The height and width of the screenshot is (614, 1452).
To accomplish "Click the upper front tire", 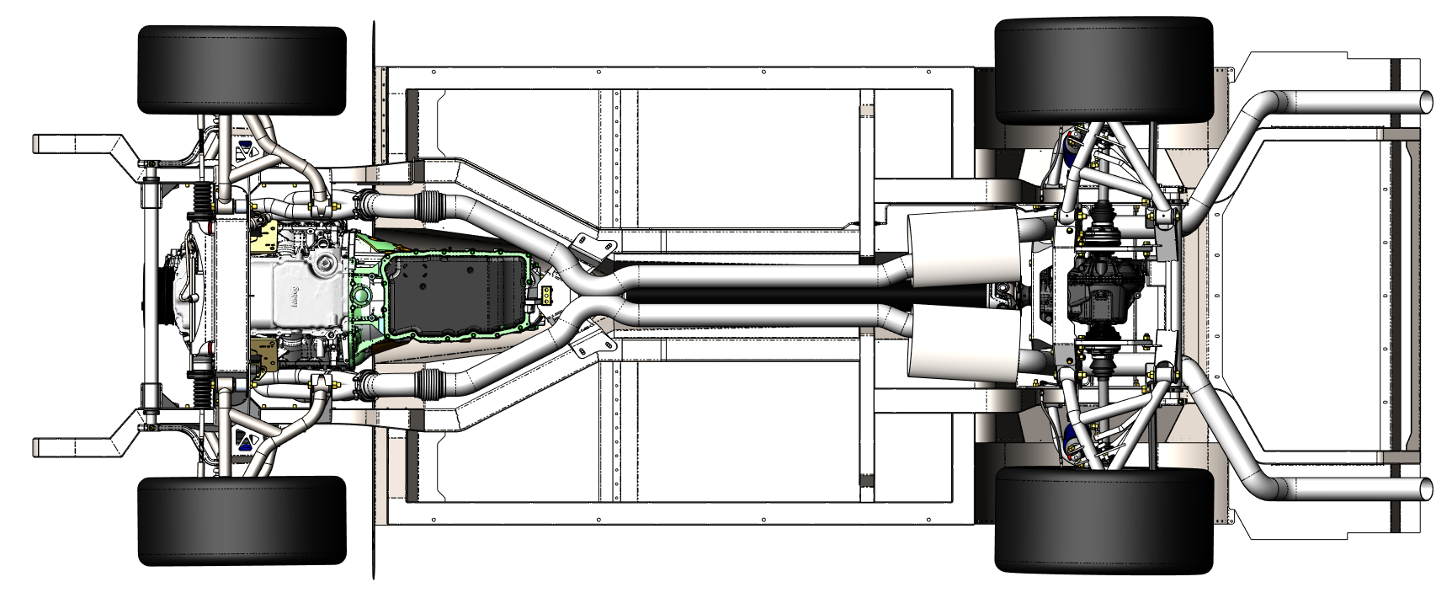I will (x=242, y=70).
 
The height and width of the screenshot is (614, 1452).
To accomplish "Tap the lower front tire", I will (x=242, y=521).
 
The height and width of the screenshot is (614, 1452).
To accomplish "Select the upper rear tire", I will (x=1104, y=71).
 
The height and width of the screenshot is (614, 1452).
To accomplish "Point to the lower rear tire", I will (x=1104, y=521).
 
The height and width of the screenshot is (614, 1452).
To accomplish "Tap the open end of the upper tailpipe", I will (x=1427, y=101).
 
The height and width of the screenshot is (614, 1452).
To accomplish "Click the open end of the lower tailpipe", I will (x=1427, y=489).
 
